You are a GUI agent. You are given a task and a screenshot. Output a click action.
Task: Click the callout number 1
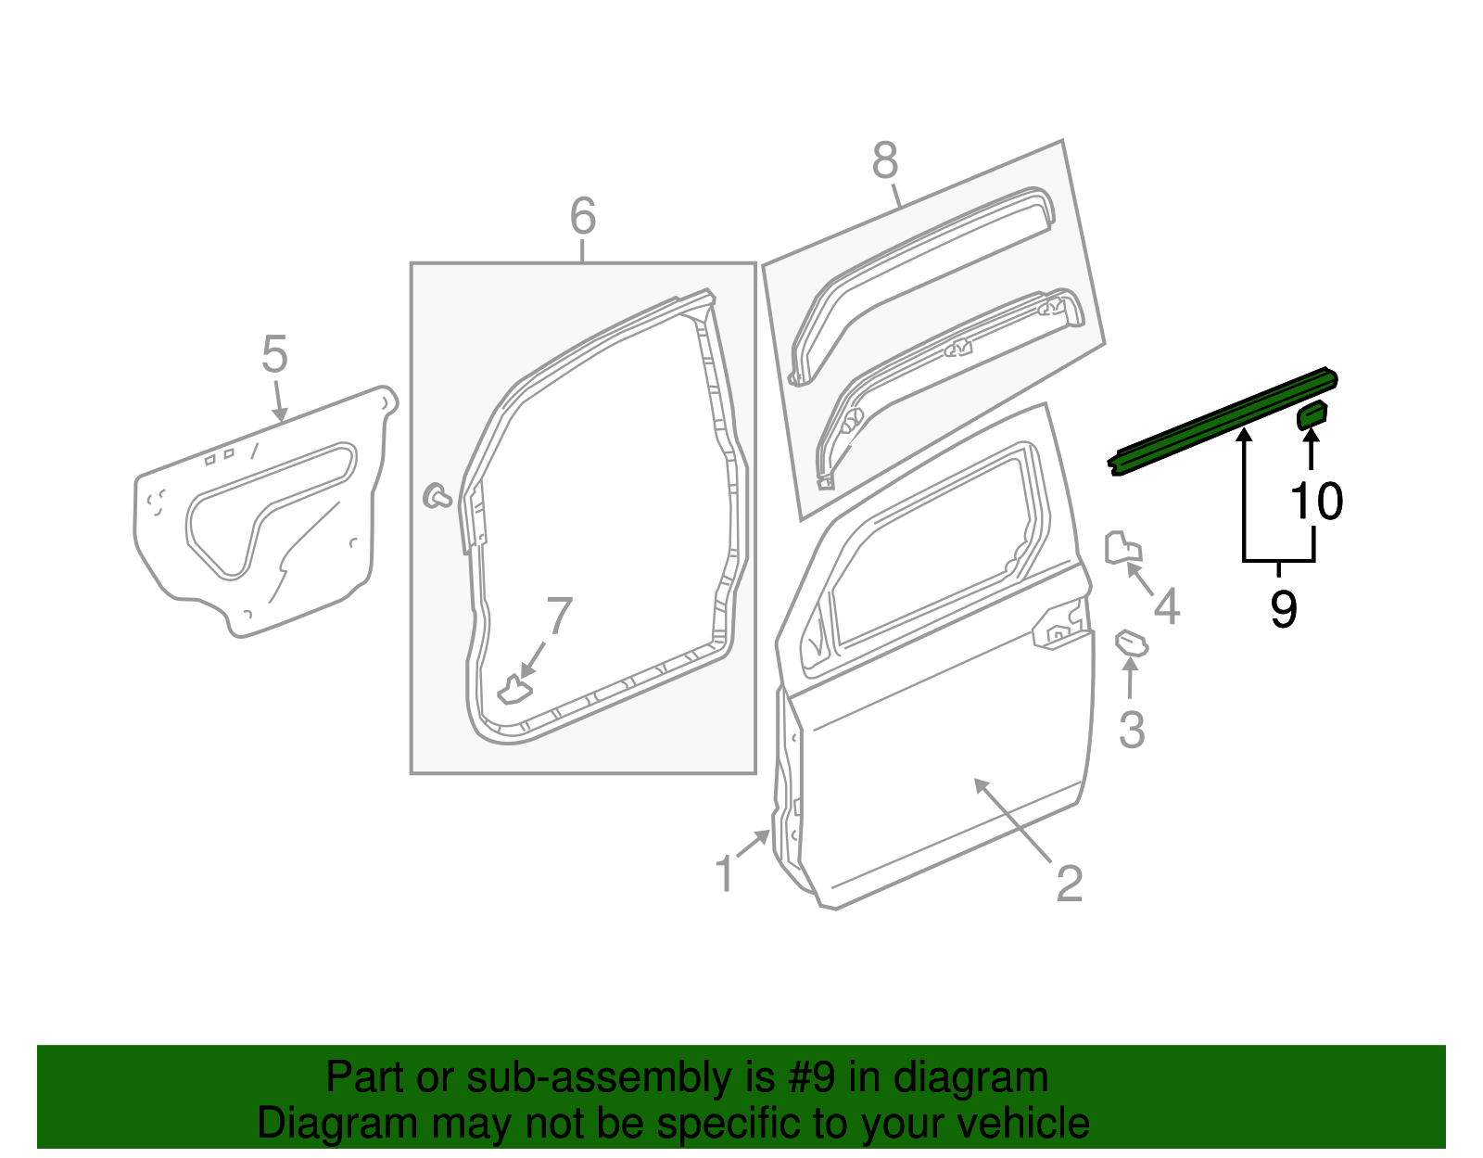point(725,874)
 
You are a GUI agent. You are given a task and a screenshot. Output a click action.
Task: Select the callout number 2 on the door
point(1069,884)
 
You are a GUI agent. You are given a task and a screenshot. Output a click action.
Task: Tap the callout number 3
point(1132,730)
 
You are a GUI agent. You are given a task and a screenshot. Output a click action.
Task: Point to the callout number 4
point(1166,606)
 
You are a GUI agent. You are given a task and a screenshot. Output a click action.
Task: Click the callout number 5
point(274,355)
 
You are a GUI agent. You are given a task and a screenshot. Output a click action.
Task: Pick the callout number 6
point(582,217)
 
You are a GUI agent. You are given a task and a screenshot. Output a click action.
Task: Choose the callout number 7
point(560,617)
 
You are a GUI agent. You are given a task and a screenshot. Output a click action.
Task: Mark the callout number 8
point(885,160)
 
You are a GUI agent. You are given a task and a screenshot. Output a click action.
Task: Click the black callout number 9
point(1283,610)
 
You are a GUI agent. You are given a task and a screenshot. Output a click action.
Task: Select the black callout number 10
point(1316,502)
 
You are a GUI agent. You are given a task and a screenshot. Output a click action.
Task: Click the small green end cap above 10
point(1312,414)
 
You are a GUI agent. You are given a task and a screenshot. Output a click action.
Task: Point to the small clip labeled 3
point(1131,643)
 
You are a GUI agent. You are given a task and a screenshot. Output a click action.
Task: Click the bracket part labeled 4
point(1122,548)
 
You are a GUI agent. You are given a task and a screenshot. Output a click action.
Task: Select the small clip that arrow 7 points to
point(514,691)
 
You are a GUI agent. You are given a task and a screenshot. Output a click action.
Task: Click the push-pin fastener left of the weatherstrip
point(436,496)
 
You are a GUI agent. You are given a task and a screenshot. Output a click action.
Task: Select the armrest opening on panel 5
point(269,505)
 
